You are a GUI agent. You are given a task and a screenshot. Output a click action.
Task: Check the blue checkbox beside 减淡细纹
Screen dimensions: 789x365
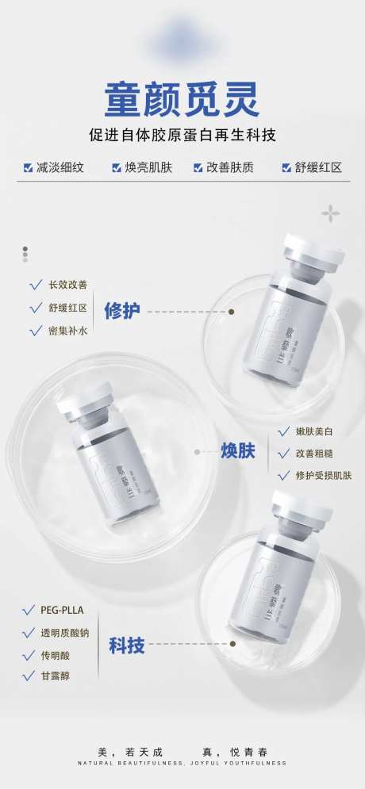(28, 168)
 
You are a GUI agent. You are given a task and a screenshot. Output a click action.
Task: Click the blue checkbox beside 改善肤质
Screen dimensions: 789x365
(198, 168)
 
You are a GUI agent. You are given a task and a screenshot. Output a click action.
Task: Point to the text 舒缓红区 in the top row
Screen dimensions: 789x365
(318, 168)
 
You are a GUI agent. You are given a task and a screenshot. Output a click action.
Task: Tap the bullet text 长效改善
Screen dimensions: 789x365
(68, 285)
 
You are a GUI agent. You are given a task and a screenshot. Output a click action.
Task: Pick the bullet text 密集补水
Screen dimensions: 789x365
(68, 331)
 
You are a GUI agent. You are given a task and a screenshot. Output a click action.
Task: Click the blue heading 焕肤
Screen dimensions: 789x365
(237, 452)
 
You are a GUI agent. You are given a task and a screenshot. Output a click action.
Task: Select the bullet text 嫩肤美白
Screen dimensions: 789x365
(313, 431)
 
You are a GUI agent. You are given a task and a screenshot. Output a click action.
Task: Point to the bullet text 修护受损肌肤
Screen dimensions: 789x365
(324, 476)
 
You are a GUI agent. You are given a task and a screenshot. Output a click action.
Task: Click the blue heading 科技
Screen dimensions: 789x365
(127, 646)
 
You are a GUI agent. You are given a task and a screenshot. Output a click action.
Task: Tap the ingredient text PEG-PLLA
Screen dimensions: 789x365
(62, 611)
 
